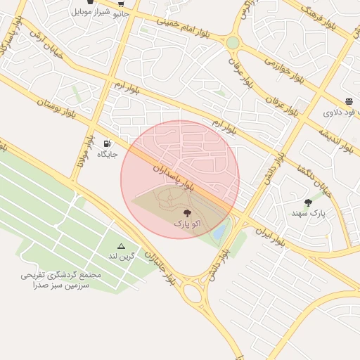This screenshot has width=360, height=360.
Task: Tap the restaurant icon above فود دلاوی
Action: [x=349, y=102]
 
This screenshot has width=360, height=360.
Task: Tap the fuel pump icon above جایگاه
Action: [x=107, y=143]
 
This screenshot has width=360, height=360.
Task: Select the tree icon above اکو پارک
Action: [x=187, y=212]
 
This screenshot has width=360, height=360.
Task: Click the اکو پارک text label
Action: [x=187, y=223]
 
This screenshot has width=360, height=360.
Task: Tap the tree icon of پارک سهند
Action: [x=308, y=202]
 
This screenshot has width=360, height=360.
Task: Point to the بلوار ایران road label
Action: [x=270, y=237]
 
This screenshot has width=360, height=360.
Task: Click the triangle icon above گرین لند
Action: [x=121, y=246]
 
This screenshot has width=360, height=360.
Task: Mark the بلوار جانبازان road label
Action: [x=160, y=264]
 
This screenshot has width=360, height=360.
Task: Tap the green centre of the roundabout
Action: [x=233, y=43]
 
